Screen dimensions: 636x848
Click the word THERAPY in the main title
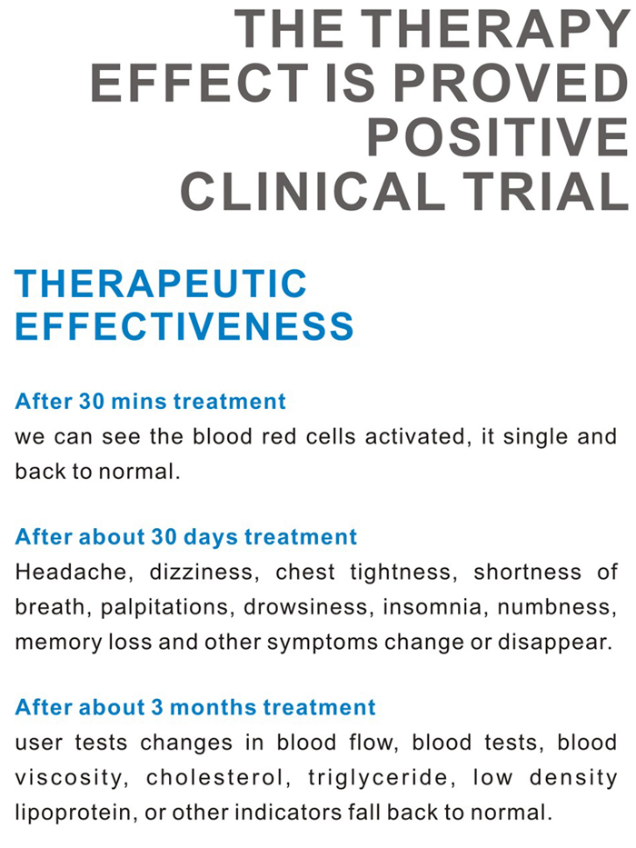[494, 29]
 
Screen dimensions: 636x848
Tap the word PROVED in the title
[510, 84]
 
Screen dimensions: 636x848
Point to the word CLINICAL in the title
[312, 192]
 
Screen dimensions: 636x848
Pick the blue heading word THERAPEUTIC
[161, 284]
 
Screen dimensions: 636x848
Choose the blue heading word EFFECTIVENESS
[184, 325]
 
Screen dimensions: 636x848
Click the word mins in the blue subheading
[138, 402]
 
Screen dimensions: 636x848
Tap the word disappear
[555, 643]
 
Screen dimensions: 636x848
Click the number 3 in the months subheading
[157, 707]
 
